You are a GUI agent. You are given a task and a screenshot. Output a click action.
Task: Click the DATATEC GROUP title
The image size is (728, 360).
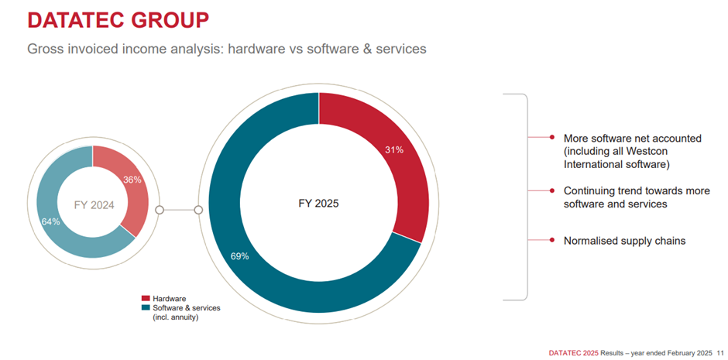(118, 20)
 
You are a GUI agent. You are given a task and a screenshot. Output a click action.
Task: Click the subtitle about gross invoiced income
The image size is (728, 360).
(226, 49)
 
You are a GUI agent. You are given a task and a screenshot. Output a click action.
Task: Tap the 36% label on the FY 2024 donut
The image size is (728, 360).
(131, 179)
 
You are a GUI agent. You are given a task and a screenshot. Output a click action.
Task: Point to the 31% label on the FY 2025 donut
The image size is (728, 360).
(394, 150)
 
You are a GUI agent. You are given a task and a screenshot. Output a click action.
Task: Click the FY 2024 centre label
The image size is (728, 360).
(93, 205)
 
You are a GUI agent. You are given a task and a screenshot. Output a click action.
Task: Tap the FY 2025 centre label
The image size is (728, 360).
(318, 204)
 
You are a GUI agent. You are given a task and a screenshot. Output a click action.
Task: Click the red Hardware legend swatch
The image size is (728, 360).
(146, 298)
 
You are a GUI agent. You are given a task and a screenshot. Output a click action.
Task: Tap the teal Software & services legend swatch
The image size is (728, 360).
(146, 307)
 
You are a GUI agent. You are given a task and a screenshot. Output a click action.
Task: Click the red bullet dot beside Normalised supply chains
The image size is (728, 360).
(551, 240)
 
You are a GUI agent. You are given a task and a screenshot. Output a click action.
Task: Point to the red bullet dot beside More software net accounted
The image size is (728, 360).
(551, 137)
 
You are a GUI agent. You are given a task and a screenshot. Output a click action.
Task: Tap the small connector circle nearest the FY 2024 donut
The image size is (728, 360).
(160, 209)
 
